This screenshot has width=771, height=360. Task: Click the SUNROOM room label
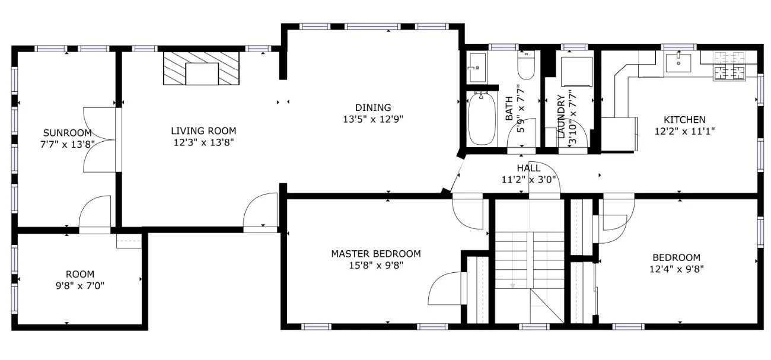[x=68, y=133]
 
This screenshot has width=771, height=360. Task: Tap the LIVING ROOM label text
[x=203, y=131]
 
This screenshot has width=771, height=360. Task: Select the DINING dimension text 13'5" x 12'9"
[x=373, y=119]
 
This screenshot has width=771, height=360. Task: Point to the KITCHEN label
[x=684, y=120]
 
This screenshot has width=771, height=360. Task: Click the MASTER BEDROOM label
[x=376, y=254]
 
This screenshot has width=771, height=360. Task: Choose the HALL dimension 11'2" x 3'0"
[x=528, y=180]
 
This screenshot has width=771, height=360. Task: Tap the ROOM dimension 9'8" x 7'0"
[x=80, y=286]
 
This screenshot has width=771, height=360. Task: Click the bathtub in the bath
[x=482, y=119]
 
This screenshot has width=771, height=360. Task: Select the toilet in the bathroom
[x=526, y=65]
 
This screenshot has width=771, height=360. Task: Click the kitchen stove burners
[x=729, y=66]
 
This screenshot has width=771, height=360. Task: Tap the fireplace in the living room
[x=202, y=68]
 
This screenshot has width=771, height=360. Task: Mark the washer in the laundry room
[x=576, y=72]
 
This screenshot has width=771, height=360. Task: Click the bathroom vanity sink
[x=477, y=68]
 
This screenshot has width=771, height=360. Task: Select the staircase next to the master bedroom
[x=530, y=262]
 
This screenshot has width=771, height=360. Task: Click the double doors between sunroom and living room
[x=100, y=140]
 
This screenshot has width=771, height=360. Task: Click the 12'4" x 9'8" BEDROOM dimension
[x=676, y=269]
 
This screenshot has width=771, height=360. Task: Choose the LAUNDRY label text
[x=561, y=117]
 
